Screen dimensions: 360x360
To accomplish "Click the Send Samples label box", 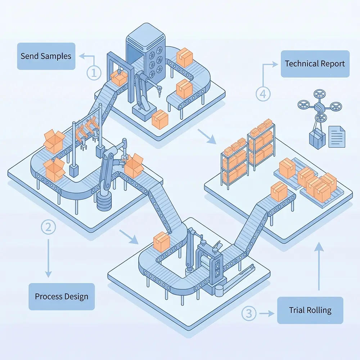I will (x=46, y=56).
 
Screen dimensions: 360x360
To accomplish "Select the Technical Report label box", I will (x=315, y=64).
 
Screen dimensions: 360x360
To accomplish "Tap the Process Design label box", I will (x=62, y=297).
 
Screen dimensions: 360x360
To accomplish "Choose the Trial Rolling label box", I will (x=310, y=310).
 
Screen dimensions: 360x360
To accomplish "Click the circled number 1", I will (x=94, y=73).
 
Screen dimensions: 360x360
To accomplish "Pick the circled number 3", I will (x=249, y=313).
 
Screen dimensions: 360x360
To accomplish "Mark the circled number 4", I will (x=263, y=94).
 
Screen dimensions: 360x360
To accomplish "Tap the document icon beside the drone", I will (x=337, y=136).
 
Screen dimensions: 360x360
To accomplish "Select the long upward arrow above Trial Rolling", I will (x=319, y=266).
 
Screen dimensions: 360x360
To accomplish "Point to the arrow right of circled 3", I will (x=266, y=313).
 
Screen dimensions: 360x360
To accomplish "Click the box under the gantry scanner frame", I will (x=119, y=77).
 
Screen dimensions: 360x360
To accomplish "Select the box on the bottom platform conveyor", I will (x=162, y=241).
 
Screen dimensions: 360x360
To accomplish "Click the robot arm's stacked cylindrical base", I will (x=104, y=202).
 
